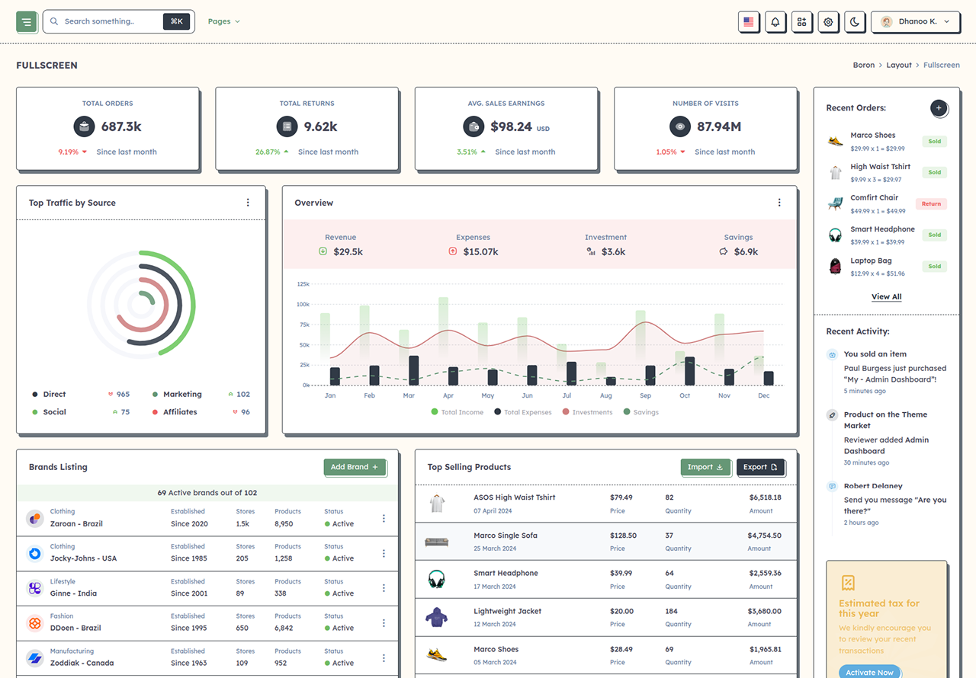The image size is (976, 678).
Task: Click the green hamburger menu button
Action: (27, 22)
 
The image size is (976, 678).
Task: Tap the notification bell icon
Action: (775, 22)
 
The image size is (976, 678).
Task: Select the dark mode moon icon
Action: (855, 22)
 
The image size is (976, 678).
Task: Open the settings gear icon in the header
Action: (828, 22)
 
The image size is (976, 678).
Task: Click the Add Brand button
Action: (355, 467)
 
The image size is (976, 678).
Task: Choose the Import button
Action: (705, 467)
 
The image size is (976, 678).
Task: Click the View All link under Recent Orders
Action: (886, 297)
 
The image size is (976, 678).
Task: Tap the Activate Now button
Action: (870, 671)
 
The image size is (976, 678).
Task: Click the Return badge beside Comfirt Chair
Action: (931, 203)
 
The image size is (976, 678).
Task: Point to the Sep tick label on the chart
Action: (645, 395)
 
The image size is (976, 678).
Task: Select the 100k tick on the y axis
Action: (303, 304)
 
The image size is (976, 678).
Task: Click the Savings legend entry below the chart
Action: (641, 412)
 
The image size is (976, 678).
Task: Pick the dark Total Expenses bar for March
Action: (413, 370)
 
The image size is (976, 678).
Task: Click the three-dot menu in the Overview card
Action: (779, 203)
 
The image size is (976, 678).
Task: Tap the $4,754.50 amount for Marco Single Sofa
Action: (764, 536)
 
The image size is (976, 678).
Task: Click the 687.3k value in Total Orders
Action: (121, 126)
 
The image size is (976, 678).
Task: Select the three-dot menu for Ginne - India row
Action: (384, 588)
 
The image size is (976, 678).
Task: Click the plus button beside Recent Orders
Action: (939, 108)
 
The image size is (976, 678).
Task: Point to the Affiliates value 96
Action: (246, 412)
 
